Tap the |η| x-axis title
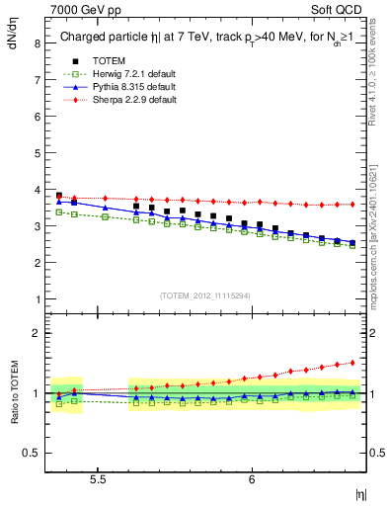(360, 492)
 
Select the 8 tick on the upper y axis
(36, 43)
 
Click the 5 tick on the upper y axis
(36, 153)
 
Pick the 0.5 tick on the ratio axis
(30, 453)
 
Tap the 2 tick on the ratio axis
(36, 333)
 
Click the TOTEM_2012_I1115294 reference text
(205, 295)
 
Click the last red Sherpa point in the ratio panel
(352, 363)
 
